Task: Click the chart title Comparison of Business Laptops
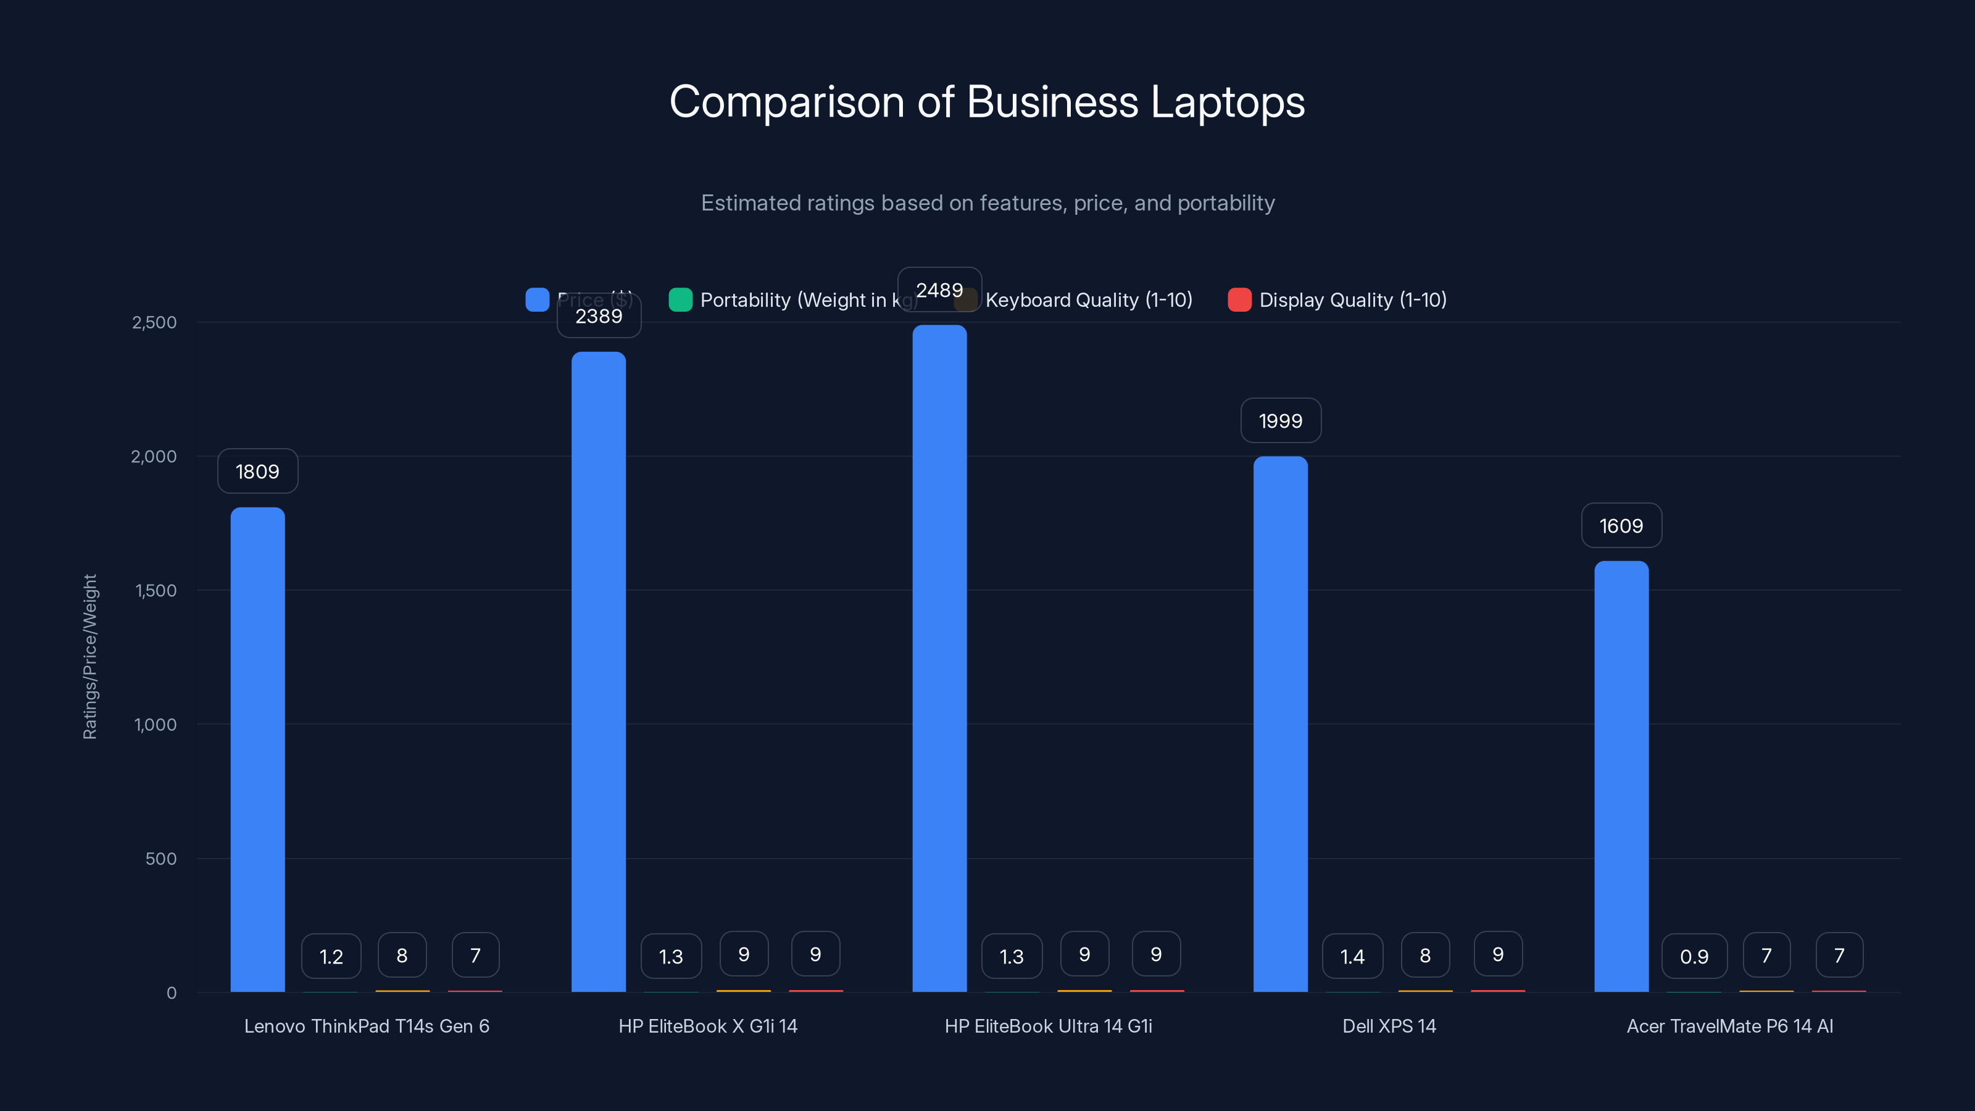987,102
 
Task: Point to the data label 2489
939,290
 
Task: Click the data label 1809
257,472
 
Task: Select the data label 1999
1281,421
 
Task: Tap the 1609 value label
1621,526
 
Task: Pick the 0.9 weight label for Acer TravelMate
1694,956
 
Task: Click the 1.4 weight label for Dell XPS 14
1352,956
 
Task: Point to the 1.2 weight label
331,956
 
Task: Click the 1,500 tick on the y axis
156,591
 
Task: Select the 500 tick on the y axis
161,859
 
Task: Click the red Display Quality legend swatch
1239,300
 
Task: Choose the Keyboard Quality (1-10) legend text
1089,300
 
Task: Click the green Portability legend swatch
680,300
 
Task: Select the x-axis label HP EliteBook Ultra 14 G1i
1048,1026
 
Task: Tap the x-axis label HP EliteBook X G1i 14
708,1026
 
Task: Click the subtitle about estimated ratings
987,203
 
